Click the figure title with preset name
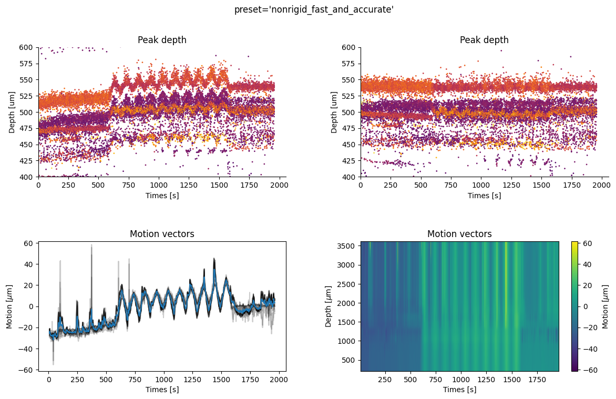pos(314,9)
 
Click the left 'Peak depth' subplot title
pos(162,40)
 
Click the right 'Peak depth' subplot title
pos(484,40)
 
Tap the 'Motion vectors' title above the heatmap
pos(459,234)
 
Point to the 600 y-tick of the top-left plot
pos(26,47)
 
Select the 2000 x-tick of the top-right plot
pos(601,185)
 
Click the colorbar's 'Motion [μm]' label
pos(605,306)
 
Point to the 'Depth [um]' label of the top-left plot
pos(12,112)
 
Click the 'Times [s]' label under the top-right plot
pos(484,196)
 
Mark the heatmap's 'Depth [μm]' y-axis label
pos(329,306)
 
